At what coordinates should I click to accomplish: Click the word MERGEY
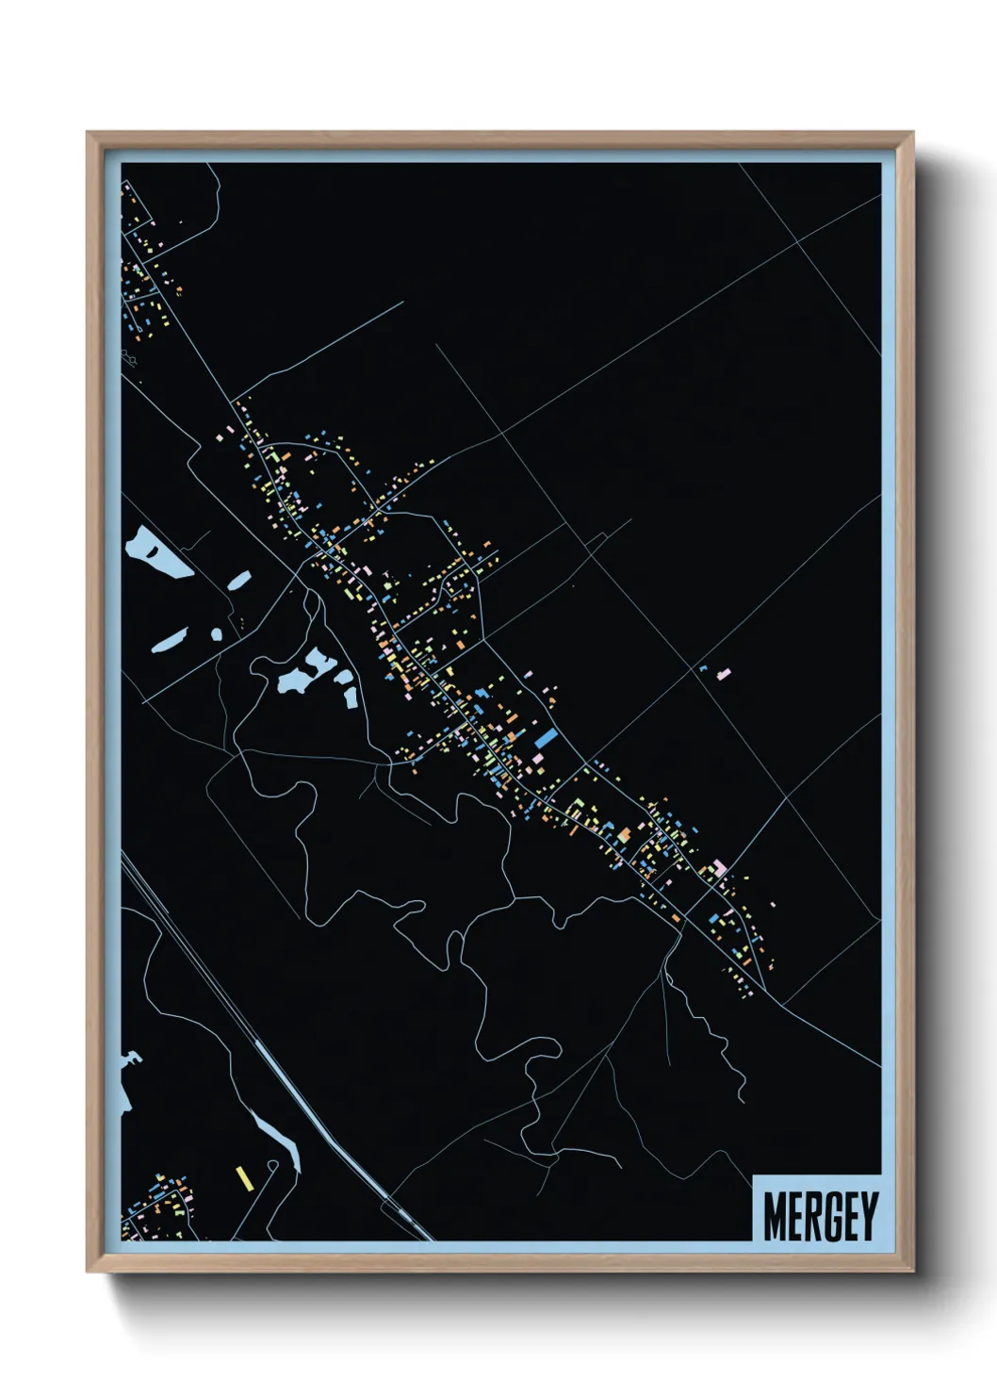pyautogui.click(x=820, y=1216)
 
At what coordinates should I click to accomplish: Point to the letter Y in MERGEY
pyautogui.click(x=868, y=1216)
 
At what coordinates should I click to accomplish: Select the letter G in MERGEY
pyautogui.click(x=833, y=1216)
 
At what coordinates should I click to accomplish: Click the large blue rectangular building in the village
pyautogui.click(x=546, y=737)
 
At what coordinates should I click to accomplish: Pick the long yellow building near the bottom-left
pyautogui.click(x=243, y=1178)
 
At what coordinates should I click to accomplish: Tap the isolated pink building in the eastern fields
pyautogui.click(x=724, y=673)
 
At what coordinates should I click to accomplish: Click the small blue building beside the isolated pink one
pyautogui.click(x=703, y=668)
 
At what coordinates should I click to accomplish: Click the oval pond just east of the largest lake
pyautogui.click(x=239, y=580)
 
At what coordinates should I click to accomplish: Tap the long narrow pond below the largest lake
pyautogui.click(x=170, y=641)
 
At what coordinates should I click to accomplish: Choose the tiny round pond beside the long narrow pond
pyautogui.click(x=217, y=633)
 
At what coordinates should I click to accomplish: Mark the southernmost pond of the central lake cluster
pyautogui.click(x=351, y=697)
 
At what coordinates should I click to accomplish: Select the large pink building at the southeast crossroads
pyautogui.click(x=720, y=867)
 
